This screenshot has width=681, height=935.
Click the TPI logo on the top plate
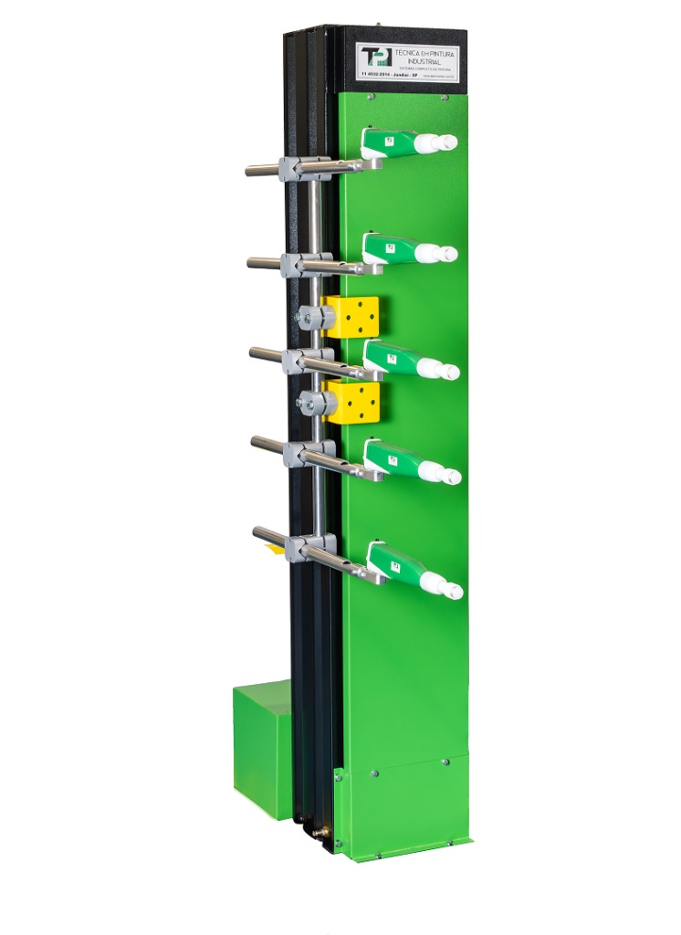point(377,57)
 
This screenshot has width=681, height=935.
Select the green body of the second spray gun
point(387,247)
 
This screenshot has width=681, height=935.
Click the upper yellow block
point(351,316)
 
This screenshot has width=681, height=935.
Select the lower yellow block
point(353,402)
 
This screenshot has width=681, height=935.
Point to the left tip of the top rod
point(249,170)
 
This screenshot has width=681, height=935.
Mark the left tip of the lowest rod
point(257,531)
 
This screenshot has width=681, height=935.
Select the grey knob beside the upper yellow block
point(312,318)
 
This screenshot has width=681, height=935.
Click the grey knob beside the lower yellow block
point(313,403)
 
